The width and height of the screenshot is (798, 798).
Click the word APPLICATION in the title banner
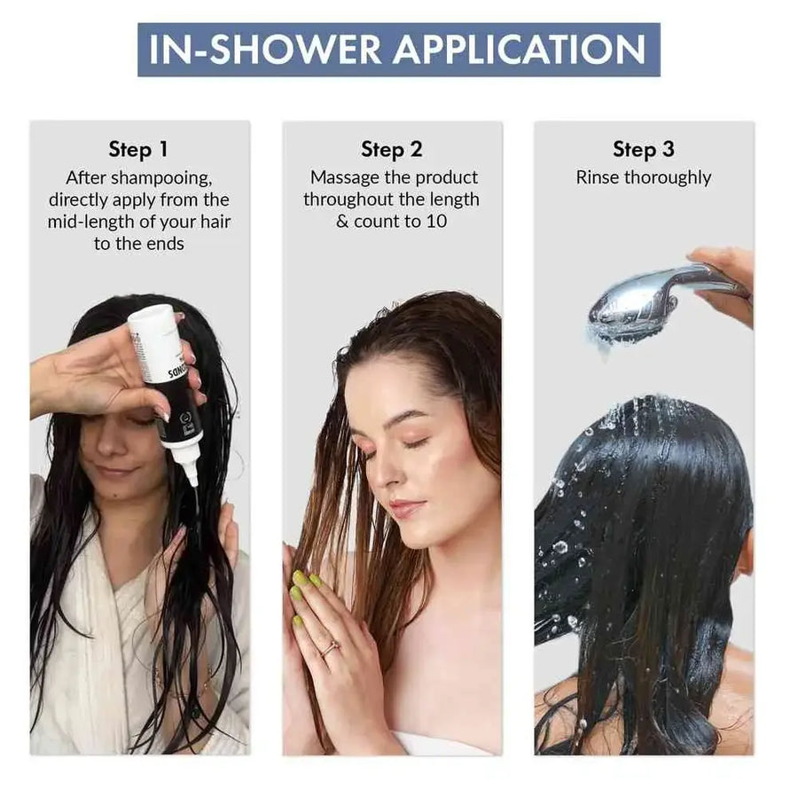coord(519,50)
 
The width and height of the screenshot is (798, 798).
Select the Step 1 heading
coord(138,149)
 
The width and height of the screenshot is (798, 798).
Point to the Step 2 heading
coord(391,149)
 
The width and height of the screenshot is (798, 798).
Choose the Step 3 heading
coord(643,149)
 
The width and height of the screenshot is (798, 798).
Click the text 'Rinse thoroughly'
coord(643,177)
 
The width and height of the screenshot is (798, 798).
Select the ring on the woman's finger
coord(329,648)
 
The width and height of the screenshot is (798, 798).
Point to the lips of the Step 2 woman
coord(407,510)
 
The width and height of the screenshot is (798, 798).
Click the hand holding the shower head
coord(727,275)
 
